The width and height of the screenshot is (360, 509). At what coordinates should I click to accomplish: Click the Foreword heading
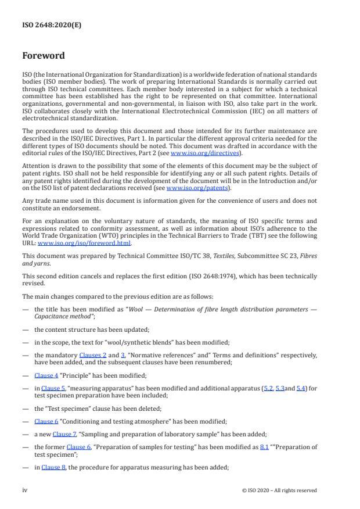point(43,56)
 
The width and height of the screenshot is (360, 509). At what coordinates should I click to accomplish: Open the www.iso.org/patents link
point(190,188)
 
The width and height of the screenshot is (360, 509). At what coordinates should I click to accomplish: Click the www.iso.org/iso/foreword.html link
point(99,243)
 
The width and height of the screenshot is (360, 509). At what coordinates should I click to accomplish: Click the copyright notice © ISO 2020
point(279,490)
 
